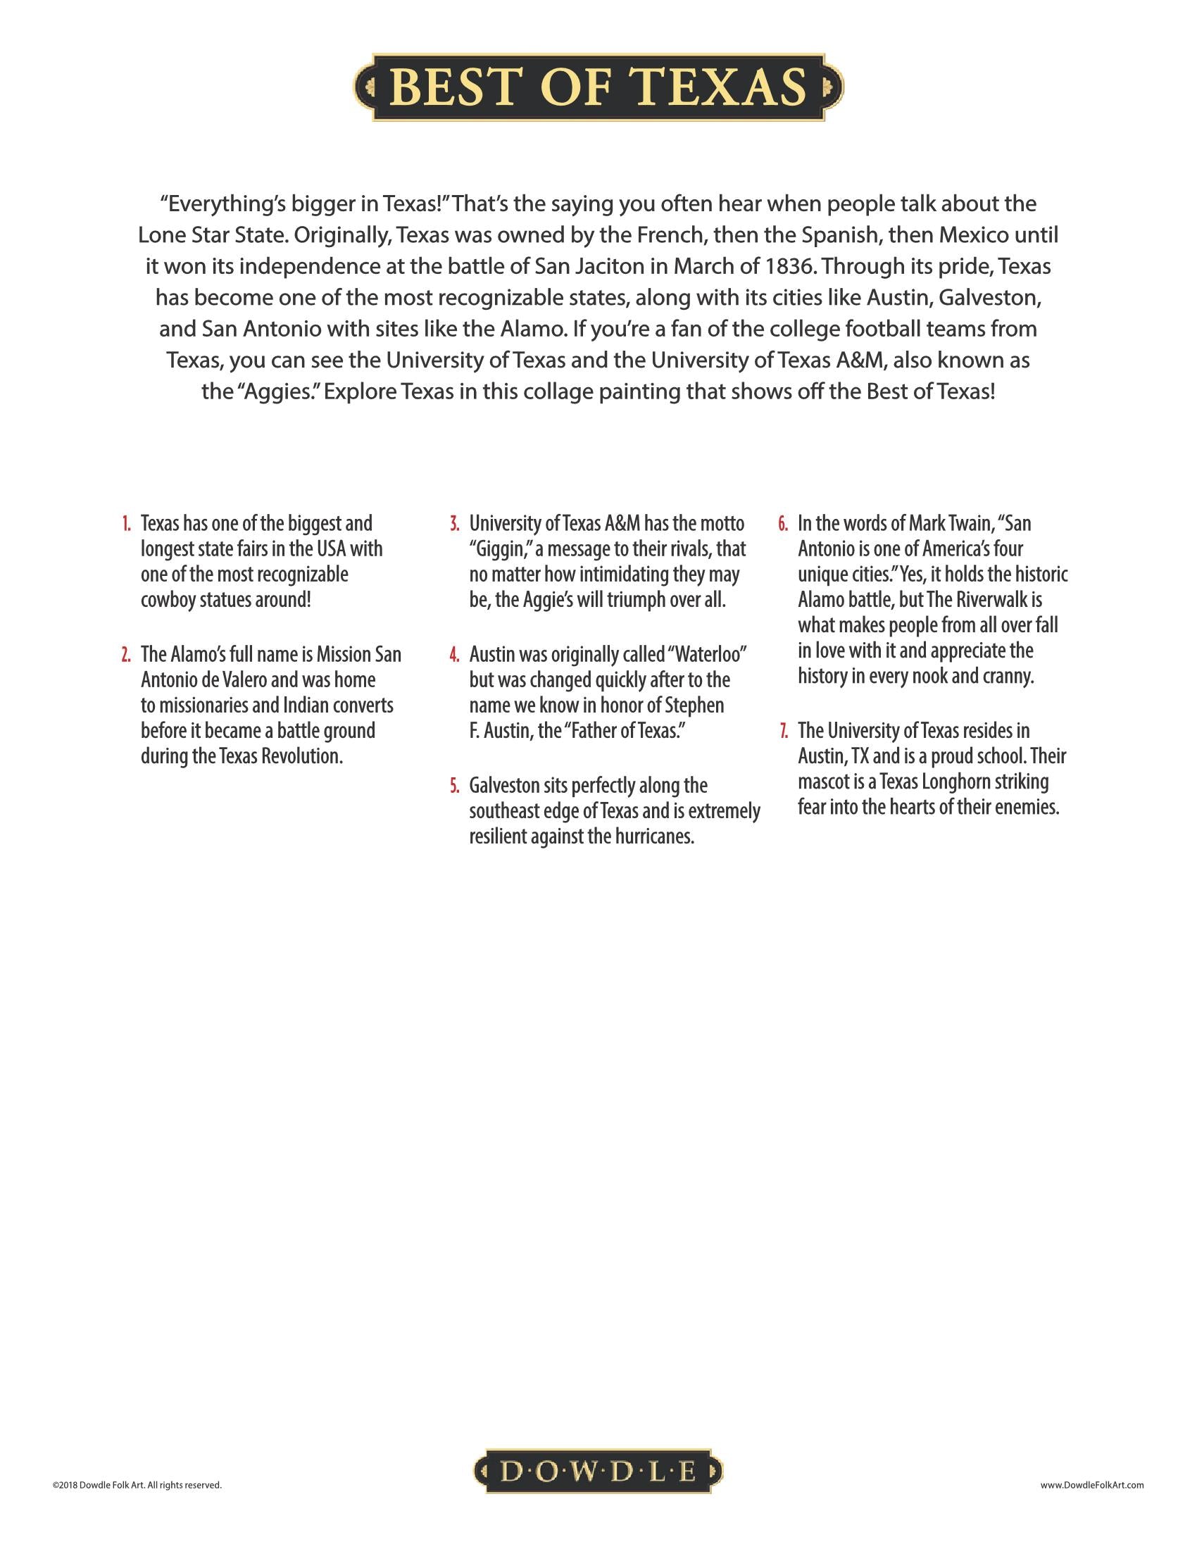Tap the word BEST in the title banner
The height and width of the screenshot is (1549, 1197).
[454, 87]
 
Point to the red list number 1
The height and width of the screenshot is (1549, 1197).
[125, 524]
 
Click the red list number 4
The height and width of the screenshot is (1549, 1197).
[455, 655]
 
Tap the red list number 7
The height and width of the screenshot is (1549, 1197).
[784, 732]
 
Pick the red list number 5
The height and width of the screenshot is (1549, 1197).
[455, 786]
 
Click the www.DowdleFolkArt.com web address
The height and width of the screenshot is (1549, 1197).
[1092, 1484]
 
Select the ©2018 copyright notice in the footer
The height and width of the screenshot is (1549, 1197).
[137, 1484]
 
